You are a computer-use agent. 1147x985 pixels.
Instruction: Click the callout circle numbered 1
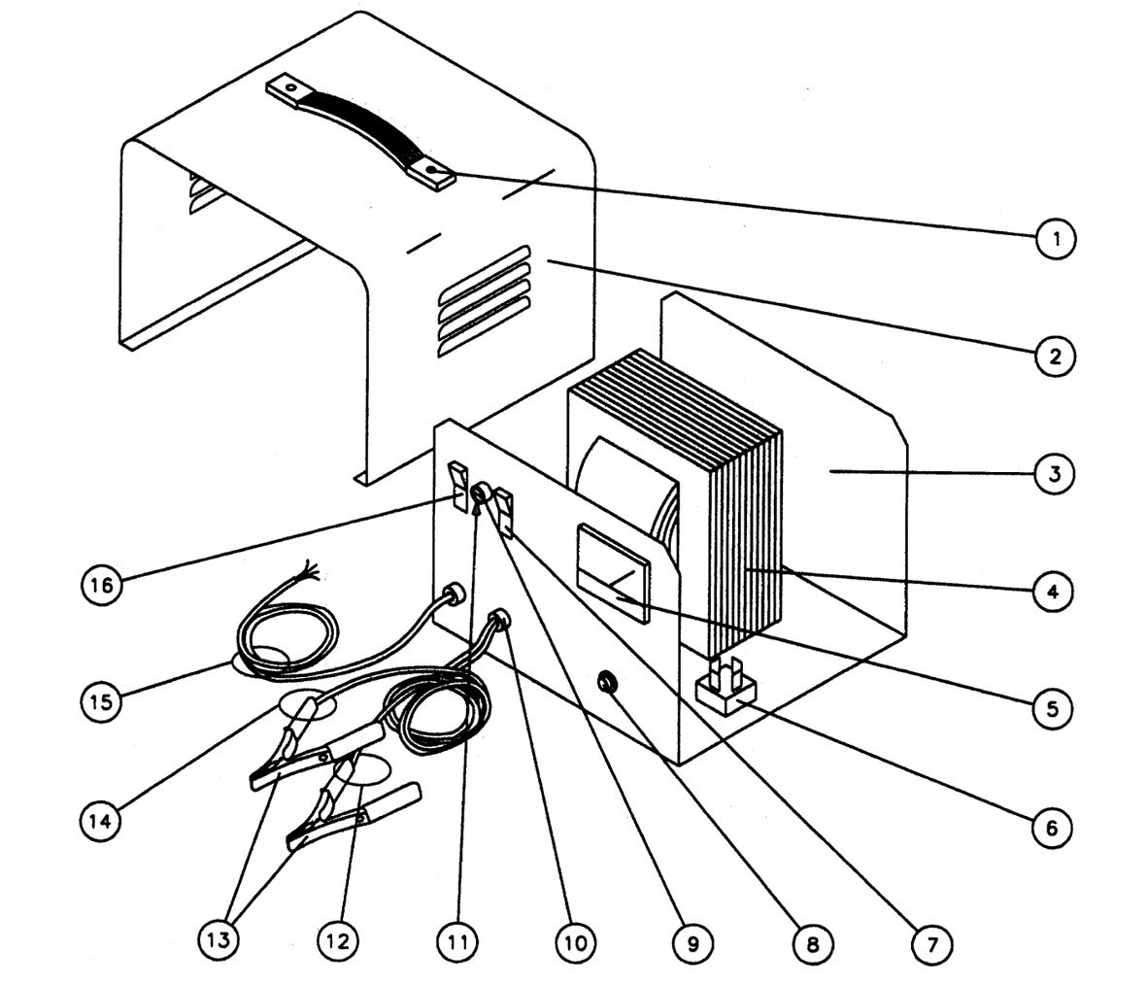(1054, 237)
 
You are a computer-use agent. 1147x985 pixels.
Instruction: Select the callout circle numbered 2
(1054, 356)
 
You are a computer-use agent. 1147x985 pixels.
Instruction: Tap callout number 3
(1054, 474)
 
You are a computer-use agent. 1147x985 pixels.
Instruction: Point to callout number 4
(1054, 591)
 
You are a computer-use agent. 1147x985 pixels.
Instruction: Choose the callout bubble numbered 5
(1054, 708)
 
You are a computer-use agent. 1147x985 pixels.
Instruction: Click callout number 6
(1054, 828)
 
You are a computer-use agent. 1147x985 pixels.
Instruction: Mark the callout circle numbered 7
(932, 942)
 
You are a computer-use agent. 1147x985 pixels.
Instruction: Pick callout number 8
(812, 942)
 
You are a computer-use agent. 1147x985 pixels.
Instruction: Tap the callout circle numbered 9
(693, 942)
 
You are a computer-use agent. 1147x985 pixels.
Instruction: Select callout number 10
(575, 942)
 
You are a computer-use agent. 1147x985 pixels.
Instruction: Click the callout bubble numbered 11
(457, 942)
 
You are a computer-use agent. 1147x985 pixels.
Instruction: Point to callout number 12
(338, 942)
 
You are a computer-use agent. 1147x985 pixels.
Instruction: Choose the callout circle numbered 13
(219, 942)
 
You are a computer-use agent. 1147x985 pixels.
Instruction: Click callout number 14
(100, 821)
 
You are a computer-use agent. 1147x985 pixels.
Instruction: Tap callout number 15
(100, 702)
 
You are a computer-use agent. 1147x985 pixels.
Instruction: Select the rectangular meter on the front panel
(614, 573)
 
